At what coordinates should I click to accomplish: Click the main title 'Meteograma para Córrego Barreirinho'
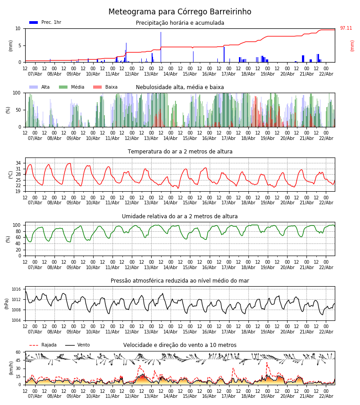click(x=180, y=12)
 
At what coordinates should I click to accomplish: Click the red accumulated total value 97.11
click(x=346, y=28)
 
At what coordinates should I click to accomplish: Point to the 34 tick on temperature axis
click(x=18, y=163)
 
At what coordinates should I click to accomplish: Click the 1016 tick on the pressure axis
click(x=16, y=289)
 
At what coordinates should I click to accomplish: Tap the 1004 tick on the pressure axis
click(x=16, y=320)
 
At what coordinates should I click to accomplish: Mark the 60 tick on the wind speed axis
click(x=18, y=352)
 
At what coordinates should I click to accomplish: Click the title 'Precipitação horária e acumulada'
click(x=180, y=23)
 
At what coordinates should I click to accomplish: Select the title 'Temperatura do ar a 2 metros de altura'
click(x=180, y=152)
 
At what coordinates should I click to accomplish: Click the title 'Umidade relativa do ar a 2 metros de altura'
click(x=180, y=216)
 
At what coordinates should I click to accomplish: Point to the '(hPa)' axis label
click(x=7, y=303)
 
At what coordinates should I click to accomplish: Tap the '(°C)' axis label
click(x=11, y=174)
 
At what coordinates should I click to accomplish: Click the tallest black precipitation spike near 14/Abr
click(x=161, y=45)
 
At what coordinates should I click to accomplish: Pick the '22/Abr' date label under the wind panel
click(x=326, y=396)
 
